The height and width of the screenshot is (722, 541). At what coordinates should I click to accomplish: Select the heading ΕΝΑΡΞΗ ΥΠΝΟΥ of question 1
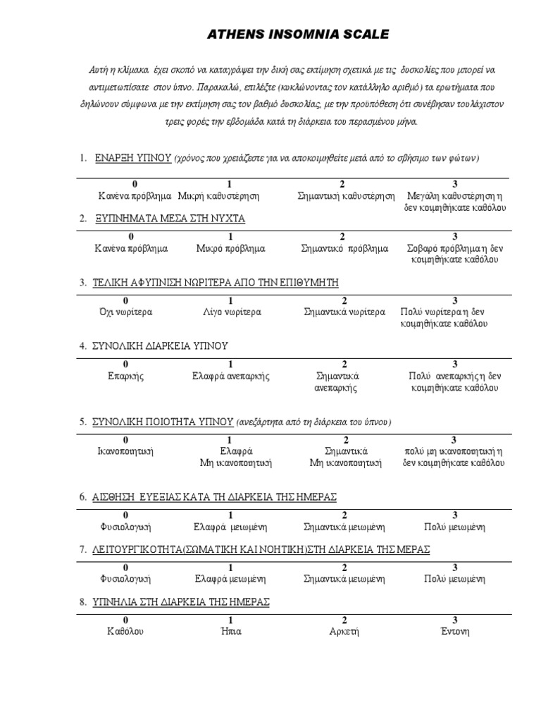click(134, 159)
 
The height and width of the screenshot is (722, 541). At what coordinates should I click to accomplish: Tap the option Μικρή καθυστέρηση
click(219, 195)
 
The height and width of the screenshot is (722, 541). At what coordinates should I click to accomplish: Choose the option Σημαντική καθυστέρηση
click(346, 195)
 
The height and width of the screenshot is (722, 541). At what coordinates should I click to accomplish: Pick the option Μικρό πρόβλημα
click(230, 248)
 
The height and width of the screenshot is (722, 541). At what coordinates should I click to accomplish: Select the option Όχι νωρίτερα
click(126, 312)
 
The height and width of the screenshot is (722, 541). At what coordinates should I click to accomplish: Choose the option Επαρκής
click(126, 376)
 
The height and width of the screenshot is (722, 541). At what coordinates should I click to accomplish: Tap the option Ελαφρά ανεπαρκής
click(230, 376)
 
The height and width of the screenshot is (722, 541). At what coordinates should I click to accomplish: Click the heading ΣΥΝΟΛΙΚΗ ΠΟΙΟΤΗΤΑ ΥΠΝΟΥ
click(163, 422)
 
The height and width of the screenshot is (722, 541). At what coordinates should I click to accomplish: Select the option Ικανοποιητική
click(126, 451)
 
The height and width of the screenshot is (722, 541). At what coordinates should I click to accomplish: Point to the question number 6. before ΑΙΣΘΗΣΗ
click(83, 497)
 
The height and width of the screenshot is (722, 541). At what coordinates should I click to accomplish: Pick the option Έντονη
click(454, 631)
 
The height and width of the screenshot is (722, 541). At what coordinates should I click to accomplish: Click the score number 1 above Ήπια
click(230, 620)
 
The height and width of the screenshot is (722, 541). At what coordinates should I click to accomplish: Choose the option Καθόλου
click(126, 631)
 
